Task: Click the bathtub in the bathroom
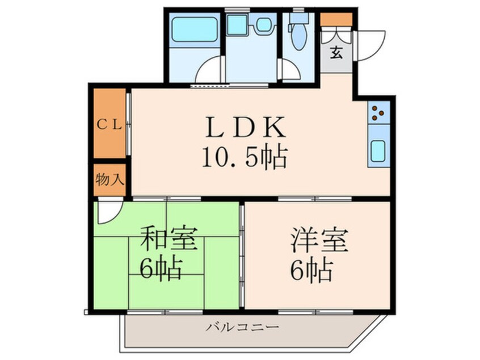(x=194, y=30)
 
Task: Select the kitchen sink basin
(x=378, y=150)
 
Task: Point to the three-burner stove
(x=378, y=112)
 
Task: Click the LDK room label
(x=246, y=127)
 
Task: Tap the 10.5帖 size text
(x=245, y=157)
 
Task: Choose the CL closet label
(x=110, y=124)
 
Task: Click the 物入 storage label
(x=110, y=179)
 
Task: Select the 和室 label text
(x=169, y=238)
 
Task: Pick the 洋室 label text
(x=319, y=239)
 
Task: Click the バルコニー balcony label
(x=242, y=327)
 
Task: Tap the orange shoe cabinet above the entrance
(x=336, y=19)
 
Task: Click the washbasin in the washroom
(x=264, y=24)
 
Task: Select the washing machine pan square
(x=237, y=24)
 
